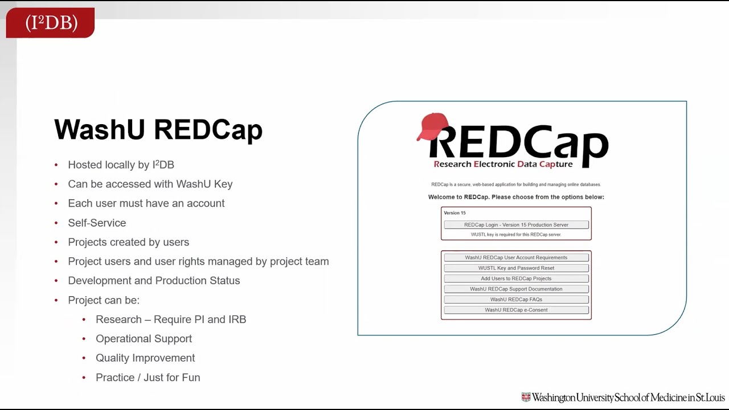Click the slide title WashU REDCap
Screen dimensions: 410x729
coord(158,130)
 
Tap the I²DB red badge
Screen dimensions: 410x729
coord(51,23)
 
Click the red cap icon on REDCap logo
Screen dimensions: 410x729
coord(433,126)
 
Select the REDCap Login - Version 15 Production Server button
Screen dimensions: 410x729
coord(516,225)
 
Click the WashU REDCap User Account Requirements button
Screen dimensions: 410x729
coord(516,257)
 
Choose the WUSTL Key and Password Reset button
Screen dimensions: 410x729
coord(516,268)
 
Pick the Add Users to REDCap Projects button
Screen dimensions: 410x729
coord(516,278)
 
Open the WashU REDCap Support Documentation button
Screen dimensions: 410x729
coord(516,289)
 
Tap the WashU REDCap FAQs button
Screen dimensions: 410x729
coord(516,300)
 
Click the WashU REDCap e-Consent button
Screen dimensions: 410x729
coord(516,310)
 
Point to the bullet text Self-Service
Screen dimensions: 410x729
coord(97,223)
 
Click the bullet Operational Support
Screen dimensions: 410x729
coord(144,339)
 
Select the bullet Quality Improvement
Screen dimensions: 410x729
coord(145,358)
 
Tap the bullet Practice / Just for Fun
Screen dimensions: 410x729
coord(148,378)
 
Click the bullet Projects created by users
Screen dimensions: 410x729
coord(128,242)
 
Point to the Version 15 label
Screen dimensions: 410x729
coord(454,213)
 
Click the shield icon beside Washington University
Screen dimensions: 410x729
coord(526,397)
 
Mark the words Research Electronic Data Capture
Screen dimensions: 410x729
coord(503,165)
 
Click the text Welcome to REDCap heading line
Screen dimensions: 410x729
coord(516,197)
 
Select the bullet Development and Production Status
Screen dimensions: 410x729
coord(154,281)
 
